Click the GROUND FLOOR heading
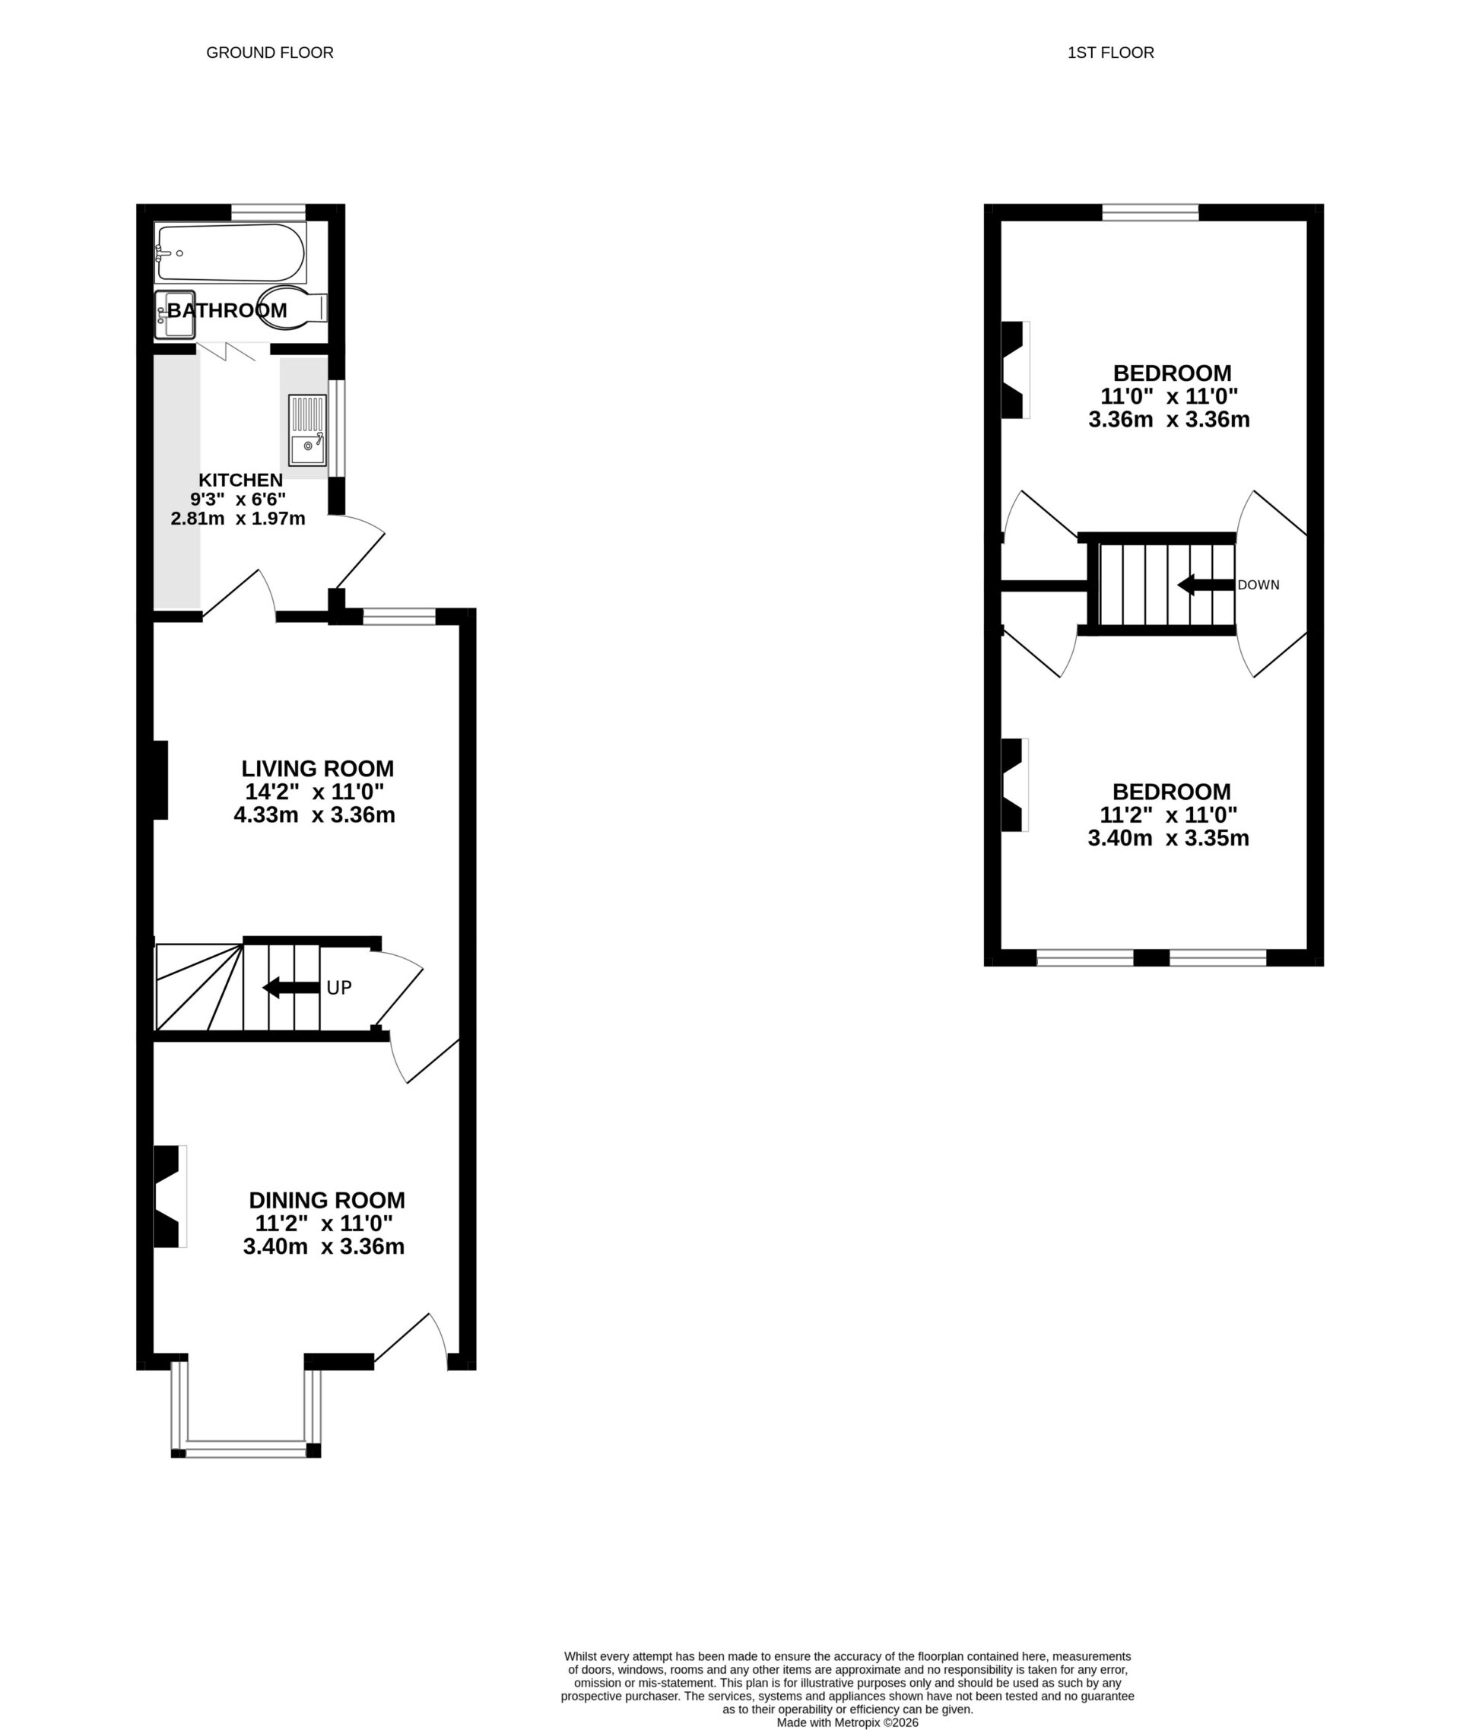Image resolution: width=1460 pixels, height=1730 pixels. click(270, 53)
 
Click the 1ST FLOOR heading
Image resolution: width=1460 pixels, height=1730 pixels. click(1111, 53)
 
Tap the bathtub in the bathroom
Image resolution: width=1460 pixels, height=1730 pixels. click(231, 252)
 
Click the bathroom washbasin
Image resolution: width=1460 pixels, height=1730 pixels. click(176, 316)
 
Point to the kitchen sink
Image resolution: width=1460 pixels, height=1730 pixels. click(307, 430)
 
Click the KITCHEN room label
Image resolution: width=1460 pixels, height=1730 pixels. click(240, 480)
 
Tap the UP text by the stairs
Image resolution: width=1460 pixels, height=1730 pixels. click(339, 988)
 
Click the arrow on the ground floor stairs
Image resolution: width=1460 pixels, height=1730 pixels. click(290, 988)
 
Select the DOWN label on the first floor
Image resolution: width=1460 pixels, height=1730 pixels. click(1258, 586)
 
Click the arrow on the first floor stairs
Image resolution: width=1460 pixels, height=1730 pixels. click(1205, 586)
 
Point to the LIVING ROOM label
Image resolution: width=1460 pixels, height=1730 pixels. click(317, 768)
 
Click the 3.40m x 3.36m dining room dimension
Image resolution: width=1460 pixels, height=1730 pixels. click(324, 1246)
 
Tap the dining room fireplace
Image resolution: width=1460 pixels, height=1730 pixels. click(168, 1196)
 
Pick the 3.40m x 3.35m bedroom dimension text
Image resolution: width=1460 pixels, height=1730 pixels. click(1168, 839)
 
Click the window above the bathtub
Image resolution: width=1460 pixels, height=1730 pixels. click(268, 213)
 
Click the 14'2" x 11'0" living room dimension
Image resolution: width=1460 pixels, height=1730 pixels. click(315, 792)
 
